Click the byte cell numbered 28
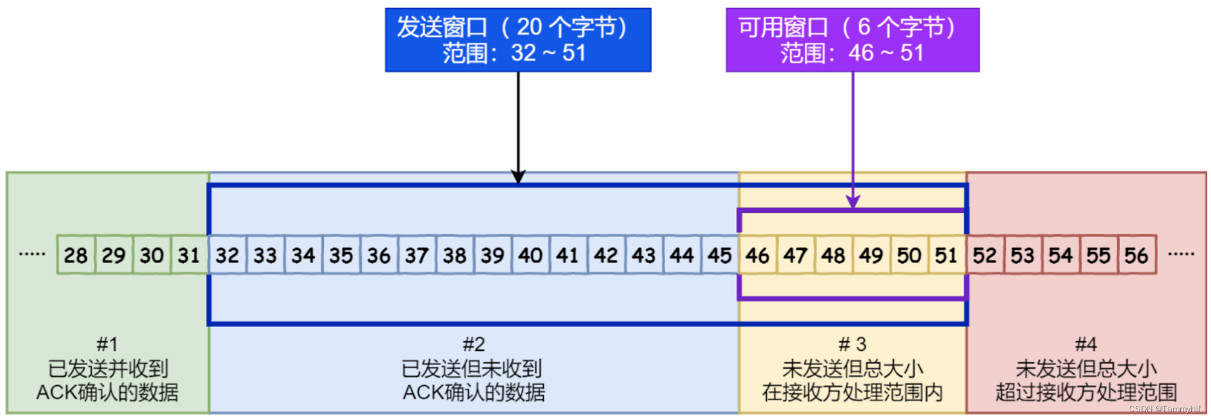76,255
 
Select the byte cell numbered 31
190,255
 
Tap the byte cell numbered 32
228,255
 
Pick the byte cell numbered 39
493,255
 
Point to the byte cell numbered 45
720,255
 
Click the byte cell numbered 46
758,255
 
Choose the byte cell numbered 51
947,255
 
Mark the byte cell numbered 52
985,255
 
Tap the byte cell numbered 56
1137,255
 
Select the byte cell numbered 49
871,255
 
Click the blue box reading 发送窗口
518,39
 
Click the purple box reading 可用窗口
852,39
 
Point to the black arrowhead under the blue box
518,177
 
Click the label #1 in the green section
108,344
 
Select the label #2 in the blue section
474,344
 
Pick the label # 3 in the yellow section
852,344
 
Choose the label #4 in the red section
1086,344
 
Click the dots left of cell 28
32,254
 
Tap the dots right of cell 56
1181,254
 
